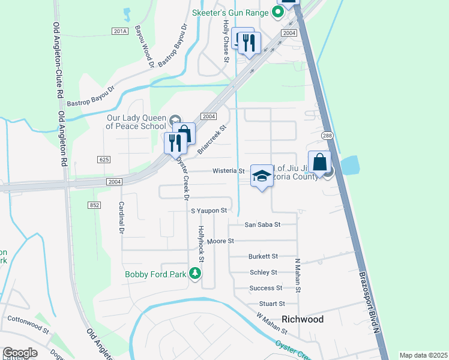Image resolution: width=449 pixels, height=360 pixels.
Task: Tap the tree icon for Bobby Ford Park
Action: pos(194,274)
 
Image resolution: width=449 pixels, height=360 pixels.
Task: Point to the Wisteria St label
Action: pos(229,171)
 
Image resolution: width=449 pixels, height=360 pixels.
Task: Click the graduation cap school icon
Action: pos(261,176)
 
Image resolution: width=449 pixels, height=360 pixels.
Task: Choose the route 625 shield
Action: pos(103,159)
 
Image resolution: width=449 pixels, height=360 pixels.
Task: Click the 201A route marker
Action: pos(120,31)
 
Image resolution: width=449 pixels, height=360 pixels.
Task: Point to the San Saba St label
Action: pos(262,224)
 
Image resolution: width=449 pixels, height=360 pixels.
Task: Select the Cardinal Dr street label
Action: pos(121,217)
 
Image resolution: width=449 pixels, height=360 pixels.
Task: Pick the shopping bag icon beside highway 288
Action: pos(319,161)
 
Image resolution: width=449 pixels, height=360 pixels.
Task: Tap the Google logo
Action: pos(20,353)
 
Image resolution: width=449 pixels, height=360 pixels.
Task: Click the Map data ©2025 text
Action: pos(423,355)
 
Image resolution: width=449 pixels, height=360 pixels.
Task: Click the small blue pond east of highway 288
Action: pos(349,164)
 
